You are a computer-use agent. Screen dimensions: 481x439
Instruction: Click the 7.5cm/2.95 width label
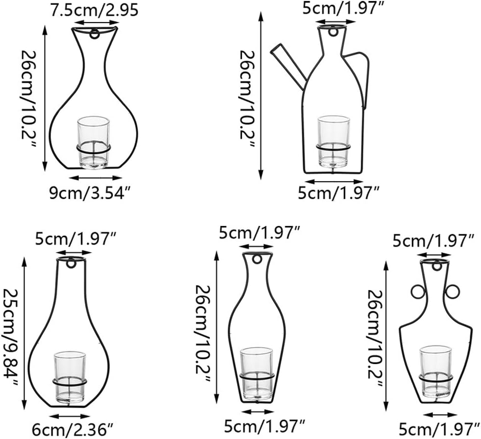click(94, 10)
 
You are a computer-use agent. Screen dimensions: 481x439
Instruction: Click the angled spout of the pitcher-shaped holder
click(289, 65)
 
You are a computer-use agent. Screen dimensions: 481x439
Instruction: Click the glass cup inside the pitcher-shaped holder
click(333, 142)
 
